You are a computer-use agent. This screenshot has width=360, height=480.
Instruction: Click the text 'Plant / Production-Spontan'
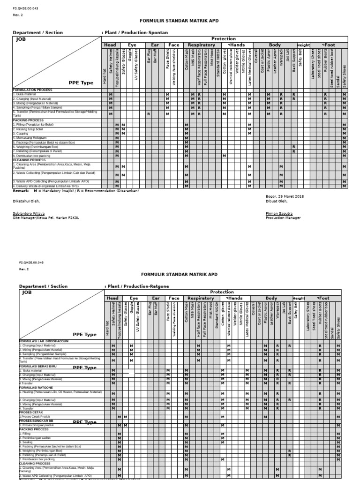[x=136, y=33]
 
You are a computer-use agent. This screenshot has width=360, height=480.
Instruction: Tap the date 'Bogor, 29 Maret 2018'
[x=285, y=196]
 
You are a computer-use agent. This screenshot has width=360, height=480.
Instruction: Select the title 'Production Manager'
[x=283, y=217]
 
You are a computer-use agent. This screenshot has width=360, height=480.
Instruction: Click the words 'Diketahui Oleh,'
[x=26, y=201]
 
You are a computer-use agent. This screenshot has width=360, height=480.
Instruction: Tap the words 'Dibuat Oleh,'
[x=276, y=201]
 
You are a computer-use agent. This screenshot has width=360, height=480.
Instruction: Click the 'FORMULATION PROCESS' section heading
[x=32, y=90]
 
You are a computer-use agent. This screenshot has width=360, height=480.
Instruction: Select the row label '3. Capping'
[x=21, y=134]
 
